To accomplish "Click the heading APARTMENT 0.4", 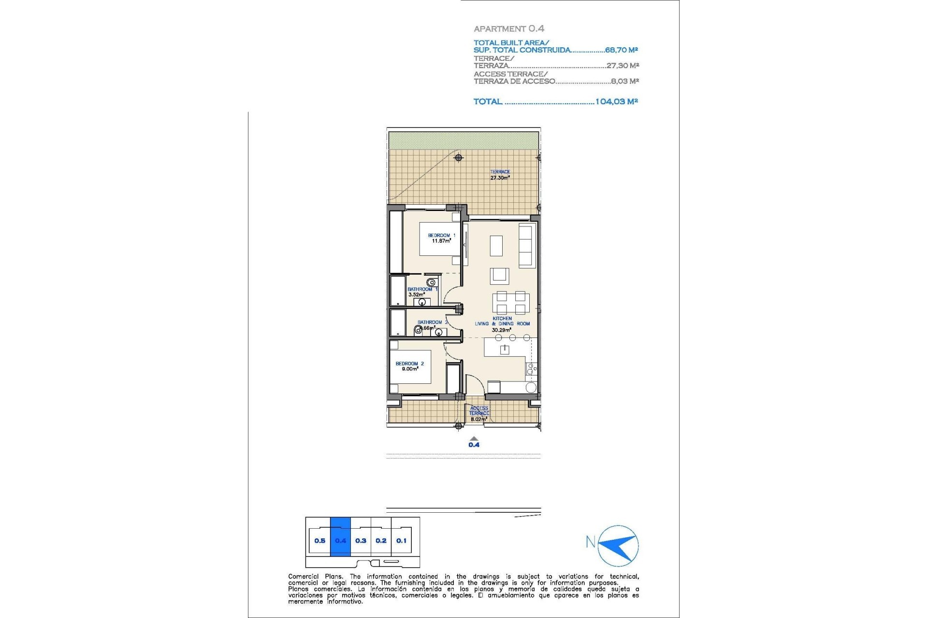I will (x=509, y=28).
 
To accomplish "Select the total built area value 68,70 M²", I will (x=621, y=50).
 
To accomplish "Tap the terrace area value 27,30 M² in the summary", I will (x=623, y=66).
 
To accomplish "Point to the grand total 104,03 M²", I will (x=616, y=101).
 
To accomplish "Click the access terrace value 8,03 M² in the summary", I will (x=624, y=81).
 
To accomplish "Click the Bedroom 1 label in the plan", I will (x=441, y=236).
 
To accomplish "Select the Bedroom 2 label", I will (x=409, y=364).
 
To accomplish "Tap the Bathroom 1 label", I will (x=422, y=289).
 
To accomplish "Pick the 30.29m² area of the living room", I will (x=501, y=330).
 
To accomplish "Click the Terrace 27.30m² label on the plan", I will (x=500, y=175).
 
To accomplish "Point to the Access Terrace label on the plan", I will (x=479, y=411).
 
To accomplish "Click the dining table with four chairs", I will (x=511, y=303).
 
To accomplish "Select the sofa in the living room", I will (x=526, y=245).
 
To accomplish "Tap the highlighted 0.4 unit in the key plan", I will (x=340, y=541).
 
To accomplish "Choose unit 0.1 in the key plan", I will (x=401, y=541).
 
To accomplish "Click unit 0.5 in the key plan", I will (x=319, y=541).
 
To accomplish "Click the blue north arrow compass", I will (x=618, y=546).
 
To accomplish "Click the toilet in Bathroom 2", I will (x=418, y=330).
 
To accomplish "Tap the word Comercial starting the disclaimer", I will (x=304, y=576).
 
